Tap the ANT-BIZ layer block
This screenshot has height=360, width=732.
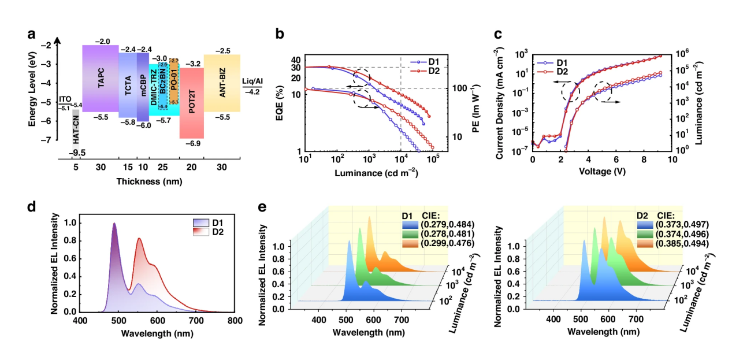tap(222, 83)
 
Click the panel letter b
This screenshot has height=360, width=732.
tap(280, 34)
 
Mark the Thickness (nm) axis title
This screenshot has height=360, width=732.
tap(150, 181)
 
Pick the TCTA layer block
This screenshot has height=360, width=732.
tap(128, 86)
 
